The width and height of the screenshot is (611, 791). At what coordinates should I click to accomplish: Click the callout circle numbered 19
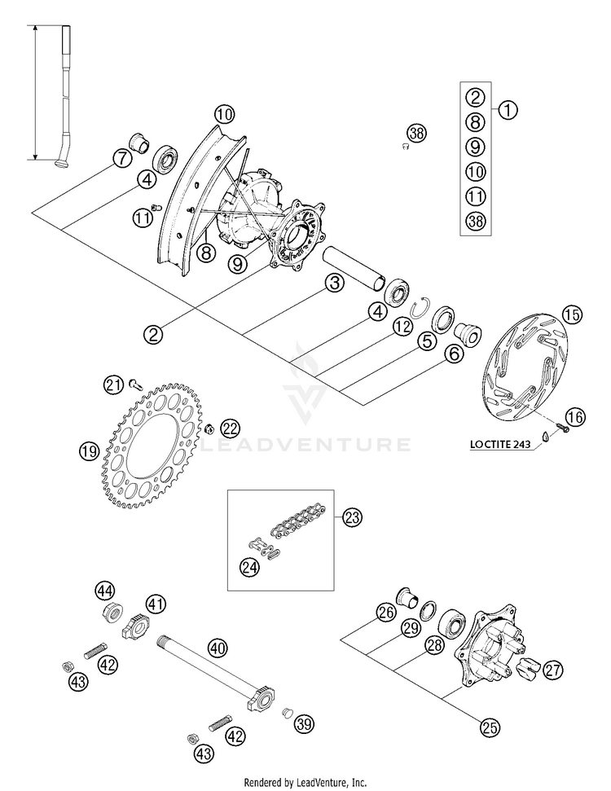(x=88, y=450)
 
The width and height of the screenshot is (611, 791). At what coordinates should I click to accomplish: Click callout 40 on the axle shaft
(x=216, y=648)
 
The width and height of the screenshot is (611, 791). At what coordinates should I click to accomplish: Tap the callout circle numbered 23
(x=352, y=517)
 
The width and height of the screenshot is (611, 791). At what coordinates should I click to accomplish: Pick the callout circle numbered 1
(x=508, y=109)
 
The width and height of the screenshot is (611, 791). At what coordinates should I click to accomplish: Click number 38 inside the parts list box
(x=476, y=220)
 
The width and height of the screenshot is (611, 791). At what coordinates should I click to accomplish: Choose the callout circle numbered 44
(x=105, y=590)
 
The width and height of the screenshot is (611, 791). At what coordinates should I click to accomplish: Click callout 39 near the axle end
(x=305, y=723)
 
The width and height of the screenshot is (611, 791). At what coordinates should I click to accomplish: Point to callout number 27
(x=554, y=670)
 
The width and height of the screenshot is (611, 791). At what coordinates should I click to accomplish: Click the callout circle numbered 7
(x=121, y=158)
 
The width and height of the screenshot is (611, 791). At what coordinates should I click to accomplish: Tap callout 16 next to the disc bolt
(x=575, y=417)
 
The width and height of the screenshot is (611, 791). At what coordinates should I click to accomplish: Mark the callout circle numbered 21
(x=114, y=383)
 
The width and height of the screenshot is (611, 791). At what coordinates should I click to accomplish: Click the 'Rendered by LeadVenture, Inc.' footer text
(x=305, y=782)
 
